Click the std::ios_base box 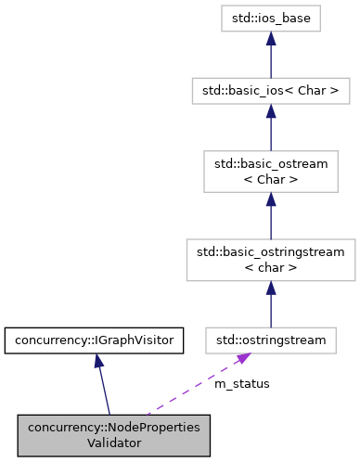270,18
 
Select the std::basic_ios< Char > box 270,92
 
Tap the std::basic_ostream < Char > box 270,172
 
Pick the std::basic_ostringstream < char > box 270,259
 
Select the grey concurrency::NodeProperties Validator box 113,434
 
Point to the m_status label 241,383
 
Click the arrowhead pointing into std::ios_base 270,39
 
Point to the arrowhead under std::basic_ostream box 270,200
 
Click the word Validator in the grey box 113,443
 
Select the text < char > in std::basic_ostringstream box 270,268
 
